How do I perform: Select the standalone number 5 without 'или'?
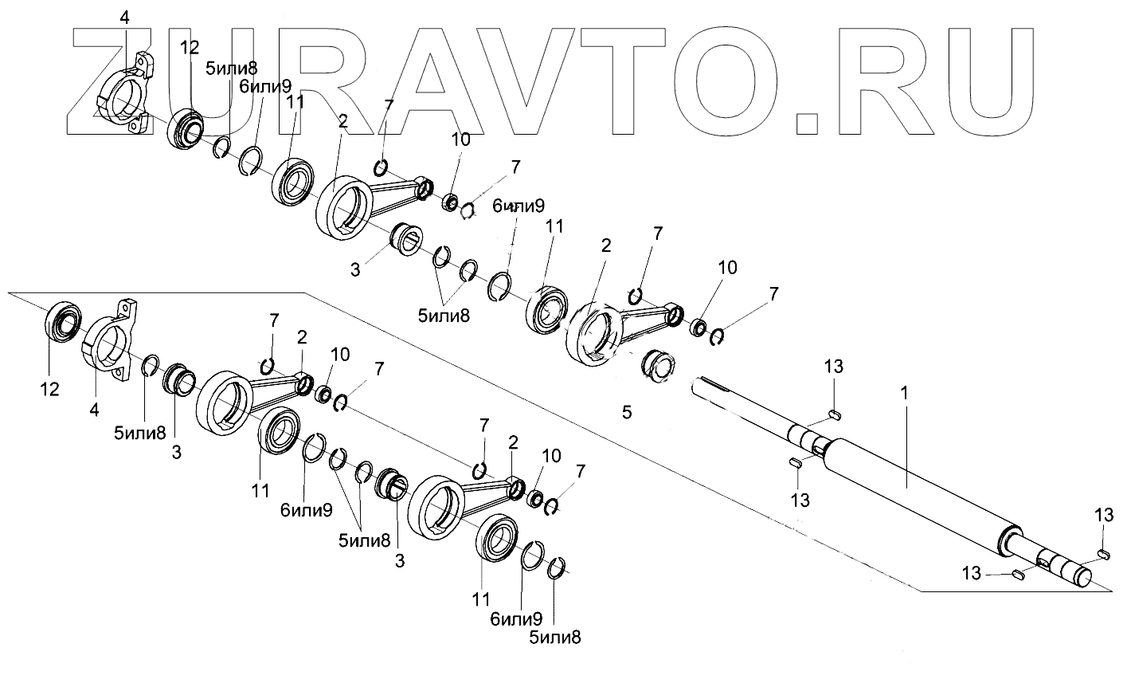tap(627, 412)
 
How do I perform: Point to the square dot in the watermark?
tap(808, 120)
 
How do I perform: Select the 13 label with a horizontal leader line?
tap(972, 573)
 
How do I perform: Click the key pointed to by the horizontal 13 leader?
tap(1017, 575)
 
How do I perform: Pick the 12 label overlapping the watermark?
tap(190, 48)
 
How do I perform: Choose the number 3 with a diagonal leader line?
tap(355, 269)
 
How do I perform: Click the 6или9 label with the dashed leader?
tap(518, 206)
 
